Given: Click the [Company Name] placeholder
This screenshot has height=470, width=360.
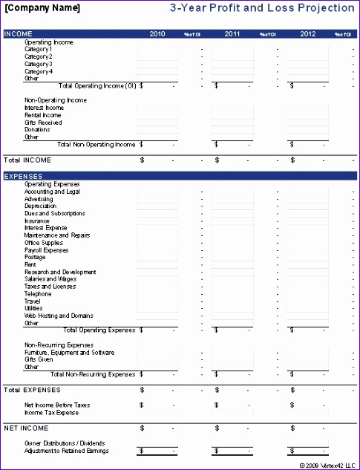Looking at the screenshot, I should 43,8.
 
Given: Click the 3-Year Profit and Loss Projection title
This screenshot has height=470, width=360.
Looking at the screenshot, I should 274,8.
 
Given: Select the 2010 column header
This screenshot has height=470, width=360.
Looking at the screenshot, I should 157,34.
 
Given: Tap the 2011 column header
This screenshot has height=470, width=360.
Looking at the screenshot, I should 232,34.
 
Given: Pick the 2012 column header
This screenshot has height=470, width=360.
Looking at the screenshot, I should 307,34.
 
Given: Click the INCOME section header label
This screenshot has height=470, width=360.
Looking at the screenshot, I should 19,34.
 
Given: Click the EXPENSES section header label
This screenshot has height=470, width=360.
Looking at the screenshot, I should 23,176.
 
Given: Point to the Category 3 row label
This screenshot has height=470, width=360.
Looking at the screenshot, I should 39,64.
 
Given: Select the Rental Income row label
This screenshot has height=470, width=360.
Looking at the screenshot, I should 42,115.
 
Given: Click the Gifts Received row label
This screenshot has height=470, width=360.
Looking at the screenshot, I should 43,123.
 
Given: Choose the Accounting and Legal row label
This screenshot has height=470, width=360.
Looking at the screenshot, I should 52,192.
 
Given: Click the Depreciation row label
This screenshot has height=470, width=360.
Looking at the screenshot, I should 41,206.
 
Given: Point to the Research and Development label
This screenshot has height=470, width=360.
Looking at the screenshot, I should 60,272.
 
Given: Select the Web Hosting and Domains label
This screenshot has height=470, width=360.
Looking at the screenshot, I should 59,316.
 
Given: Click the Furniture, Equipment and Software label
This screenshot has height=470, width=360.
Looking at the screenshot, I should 69,352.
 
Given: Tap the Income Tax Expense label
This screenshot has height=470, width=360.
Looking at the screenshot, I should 51,412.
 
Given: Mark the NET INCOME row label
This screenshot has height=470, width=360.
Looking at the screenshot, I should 26,428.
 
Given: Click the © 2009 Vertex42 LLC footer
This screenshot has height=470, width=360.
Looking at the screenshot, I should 326,465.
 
